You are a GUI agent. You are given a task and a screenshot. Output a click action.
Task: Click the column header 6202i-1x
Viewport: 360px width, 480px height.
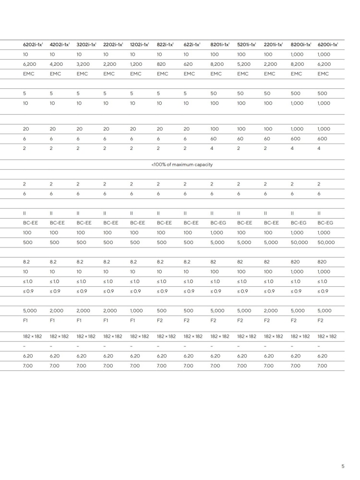coord(33,45)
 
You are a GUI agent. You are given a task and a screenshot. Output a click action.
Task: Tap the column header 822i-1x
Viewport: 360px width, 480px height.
coord(165,45)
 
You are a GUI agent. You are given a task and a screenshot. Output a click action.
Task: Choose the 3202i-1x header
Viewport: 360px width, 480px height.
coord(86,45)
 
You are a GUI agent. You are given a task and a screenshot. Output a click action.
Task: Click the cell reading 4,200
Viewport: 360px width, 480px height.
coord(57,64)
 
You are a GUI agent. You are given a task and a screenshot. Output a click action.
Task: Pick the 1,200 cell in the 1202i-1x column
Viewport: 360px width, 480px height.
coord(136,64)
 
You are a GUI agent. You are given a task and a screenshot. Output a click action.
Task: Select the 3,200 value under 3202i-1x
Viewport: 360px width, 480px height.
coord(84,64)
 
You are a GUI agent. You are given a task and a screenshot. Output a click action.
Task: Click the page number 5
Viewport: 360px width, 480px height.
coord(342,466)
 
